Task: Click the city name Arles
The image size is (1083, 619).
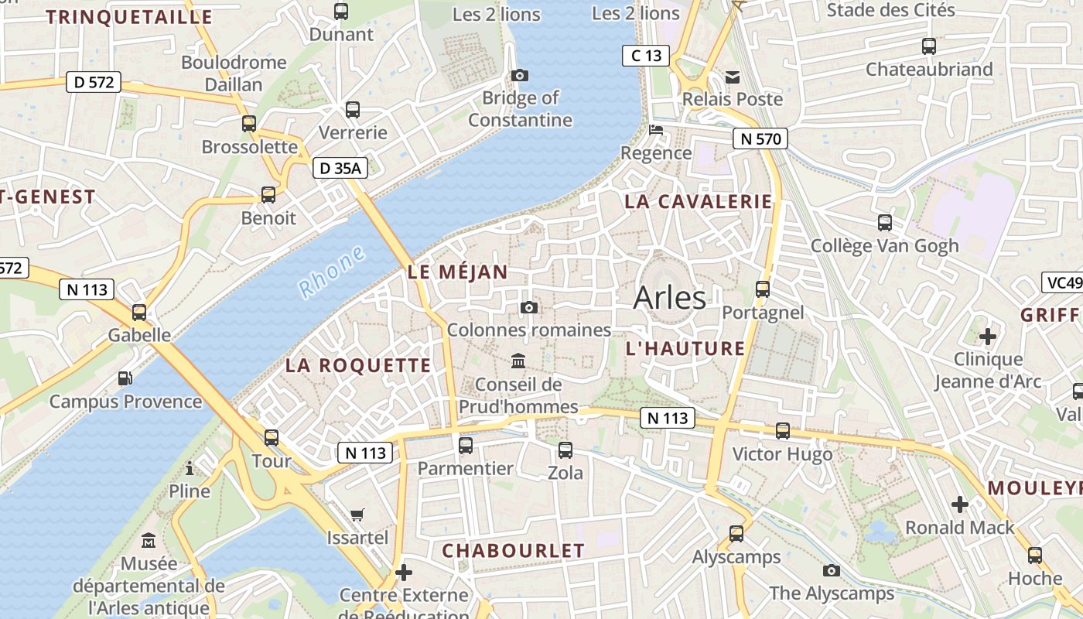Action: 669,298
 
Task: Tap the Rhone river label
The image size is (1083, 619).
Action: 332,272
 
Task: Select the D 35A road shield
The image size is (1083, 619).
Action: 340,168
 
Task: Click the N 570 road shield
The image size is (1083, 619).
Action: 760,139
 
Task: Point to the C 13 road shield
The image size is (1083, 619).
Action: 645,55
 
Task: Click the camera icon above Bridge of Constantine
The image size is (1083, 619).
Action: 520,75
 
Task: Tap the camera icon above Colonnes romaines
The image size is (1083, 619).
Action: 529,308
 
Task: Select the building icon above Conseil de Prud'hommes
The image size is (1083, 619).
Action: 518,361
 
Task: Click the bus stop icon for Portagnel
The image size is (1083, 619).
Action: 763,289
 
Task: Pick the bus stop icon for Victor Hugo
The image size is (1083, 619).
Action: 783,431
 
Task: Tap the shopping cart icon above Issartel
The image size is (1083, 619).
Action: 357,515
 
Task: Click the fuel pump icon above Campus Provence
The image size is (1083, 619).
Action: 125,378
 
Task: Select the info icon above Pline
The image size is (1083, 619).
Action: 190,468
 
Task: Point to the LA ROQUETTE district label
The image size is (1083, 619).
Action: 358,366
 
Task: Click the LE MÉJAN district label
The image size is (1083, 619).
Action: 457,272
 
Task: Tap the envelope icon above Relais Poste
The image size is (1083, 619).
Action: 733,77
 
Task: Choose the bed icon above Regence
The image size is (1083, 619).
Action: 656,129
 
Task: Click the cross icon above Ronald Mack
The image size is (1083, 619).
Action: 960,504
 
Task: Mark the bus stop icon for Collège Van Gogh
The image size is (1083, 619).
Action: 885,223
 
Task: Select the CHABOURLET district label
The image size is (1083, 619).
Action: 513,551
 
